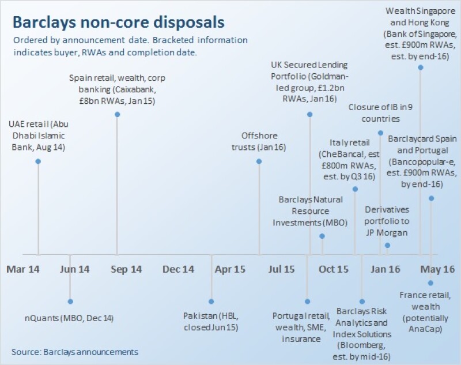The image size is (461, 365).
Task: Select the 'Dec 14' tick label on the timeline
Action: (179, 269)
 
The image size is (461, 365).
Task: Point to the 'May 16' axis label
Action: (437, 269)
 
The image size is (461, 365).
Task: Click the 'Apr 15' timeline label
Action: (231, 269)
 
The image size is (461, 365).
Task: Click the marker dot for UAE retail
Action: (38, 161)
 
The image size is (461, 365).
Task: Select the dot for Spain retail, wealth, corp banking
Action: (117, 114)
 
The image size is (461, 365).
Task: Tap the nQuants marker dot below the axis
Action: (70, 301)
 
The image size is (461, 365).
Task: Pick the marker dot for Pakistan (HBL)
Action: (211, 301)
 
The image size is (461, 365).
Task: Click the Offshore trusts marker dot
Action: (259, 161)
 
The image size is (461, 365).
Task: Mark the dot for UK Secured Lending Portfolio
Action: (310, 114)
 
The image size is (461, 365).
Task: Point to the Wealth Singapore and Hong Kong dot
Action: (420, 67)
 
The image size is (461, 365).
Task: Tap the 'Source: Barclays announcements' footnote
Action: (75, 351)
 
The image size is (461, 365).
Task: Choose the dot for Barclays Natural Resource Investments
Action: (322, 236)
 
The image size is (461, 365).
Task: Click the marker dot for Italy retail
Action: (355, 189)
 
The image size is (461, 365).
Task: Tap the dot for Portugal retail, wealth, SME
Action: (307, 301)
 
